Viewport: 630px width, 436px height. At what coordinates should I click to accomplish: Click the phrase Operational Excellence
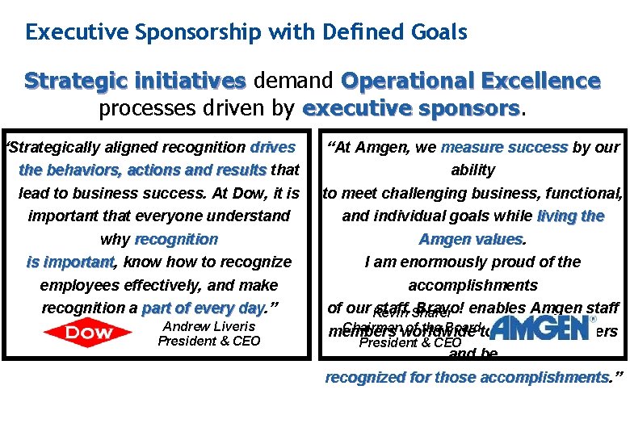click(x=471, y=81)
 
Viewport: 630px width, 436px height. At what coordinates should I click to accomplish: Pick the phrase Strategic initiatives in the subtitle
click(x=135, y=81)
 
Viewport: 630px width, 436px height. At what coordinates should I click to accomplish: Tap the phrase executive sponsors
click(x=411, y=108)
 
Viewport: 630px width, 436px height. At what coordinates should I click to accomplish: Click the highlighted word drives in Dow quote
click(x=273, y=148)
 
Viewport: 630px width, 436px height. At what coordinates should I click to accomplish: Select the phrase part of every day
click(x=203, y=308)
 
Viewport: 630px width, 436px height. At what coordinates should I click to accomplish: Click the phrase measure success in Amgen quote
click(x=504, y=148)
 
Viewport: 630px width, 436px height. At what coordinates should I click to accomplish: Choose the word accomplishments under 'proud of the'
click(x=472, y=285)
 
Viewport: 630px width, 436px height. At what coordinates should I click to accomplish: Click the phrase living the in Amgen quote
click(x=570, y=216)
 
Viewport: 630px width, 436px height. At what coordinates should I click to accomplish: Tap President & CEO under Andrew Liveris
click(x=209, y=341)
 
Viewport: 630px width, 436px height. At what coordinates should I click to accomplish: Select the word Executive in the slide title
click(x=71, y=32)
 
